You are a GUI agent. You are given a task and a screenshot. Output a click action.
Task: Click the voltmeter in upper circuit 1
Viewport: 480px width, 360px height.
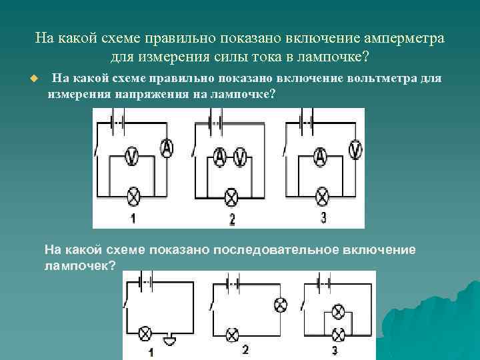coord(132,156)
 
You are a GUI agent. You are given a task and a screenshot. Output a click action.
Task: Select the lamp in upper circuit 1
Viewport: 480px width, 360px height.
coord(133,196)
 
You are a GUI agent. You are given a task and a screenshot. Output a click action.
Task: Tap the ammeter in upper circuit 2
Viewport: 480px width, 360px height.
coord(221,157)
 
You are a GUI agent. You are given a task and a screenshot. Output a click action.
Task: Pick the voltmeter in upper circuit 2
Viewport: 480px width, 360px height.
coord(241,157)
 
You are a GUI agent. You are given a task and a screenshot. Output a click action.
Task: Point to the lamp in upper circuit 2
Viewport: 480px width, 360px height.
coord(231,197)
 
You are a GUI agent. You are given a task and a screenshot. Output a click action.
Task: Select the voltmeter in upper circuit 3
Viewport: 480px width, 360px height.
coord(357,148)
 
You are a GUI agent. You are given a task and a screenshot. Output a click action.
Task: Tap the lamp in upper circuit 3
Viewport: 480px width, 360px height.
coord(323,196)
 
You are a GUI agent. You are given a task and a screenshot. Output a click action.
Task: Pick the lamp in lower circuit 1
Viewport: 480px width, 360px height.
coord(144,334)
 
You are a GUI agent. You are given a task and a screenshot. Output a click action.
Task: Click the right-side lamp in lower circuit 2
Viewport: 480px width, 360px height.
coord(281,305)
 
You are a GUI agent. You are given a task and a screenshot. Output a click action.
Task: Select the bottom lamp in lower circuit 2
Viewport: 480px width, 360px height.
coord(232,334)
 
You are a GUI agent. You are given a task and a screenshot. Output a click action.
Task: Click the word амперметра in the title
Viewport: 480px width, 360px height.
coord(403,37)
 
